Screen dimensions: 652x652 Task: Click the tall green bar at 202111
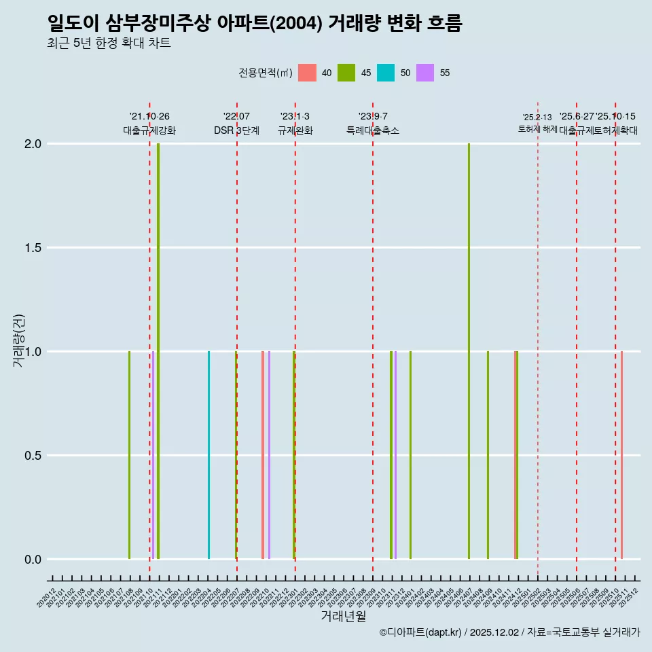[158, 351]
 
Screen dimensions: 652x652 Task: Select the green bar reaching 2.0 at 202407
[469, 351]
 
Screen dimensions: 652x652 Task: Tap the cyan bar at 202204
[209, 455]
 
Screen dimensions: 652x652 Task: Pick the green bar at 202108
[129, 455]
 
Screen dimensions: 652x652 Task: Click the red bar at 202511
[621, 455]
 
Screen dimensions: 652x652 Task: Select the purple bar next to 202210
[269, 455]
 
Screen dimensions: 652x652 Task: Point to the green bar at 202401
[410, 455]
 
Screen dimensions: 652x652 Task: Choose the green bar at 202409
[488, 455]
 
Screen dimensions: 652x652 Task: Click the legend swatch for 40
[308, 73]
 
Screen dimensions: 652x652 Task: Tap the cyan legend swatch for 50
[386, 73]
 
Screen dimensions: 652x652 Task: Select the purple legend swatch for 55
[425, 73]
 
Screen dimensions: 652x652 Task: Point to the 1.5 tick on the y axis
[33, 248]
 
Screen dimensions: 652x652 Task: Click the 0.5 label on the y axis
[33, 456]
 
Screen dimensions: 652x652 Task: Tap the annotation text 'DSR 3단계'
[236, 130]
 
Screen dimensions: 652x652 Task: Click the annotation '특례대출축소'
[373, 130]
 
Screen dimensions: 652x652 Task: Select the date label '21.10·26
[149, 116]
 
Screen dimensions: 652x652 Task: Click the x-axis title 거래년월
[344, 616]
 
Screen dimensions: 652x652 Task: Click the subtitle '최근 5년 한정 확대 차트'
[109, 43]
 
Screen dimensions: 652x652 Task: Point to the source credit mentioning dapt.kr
[509, 632]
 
